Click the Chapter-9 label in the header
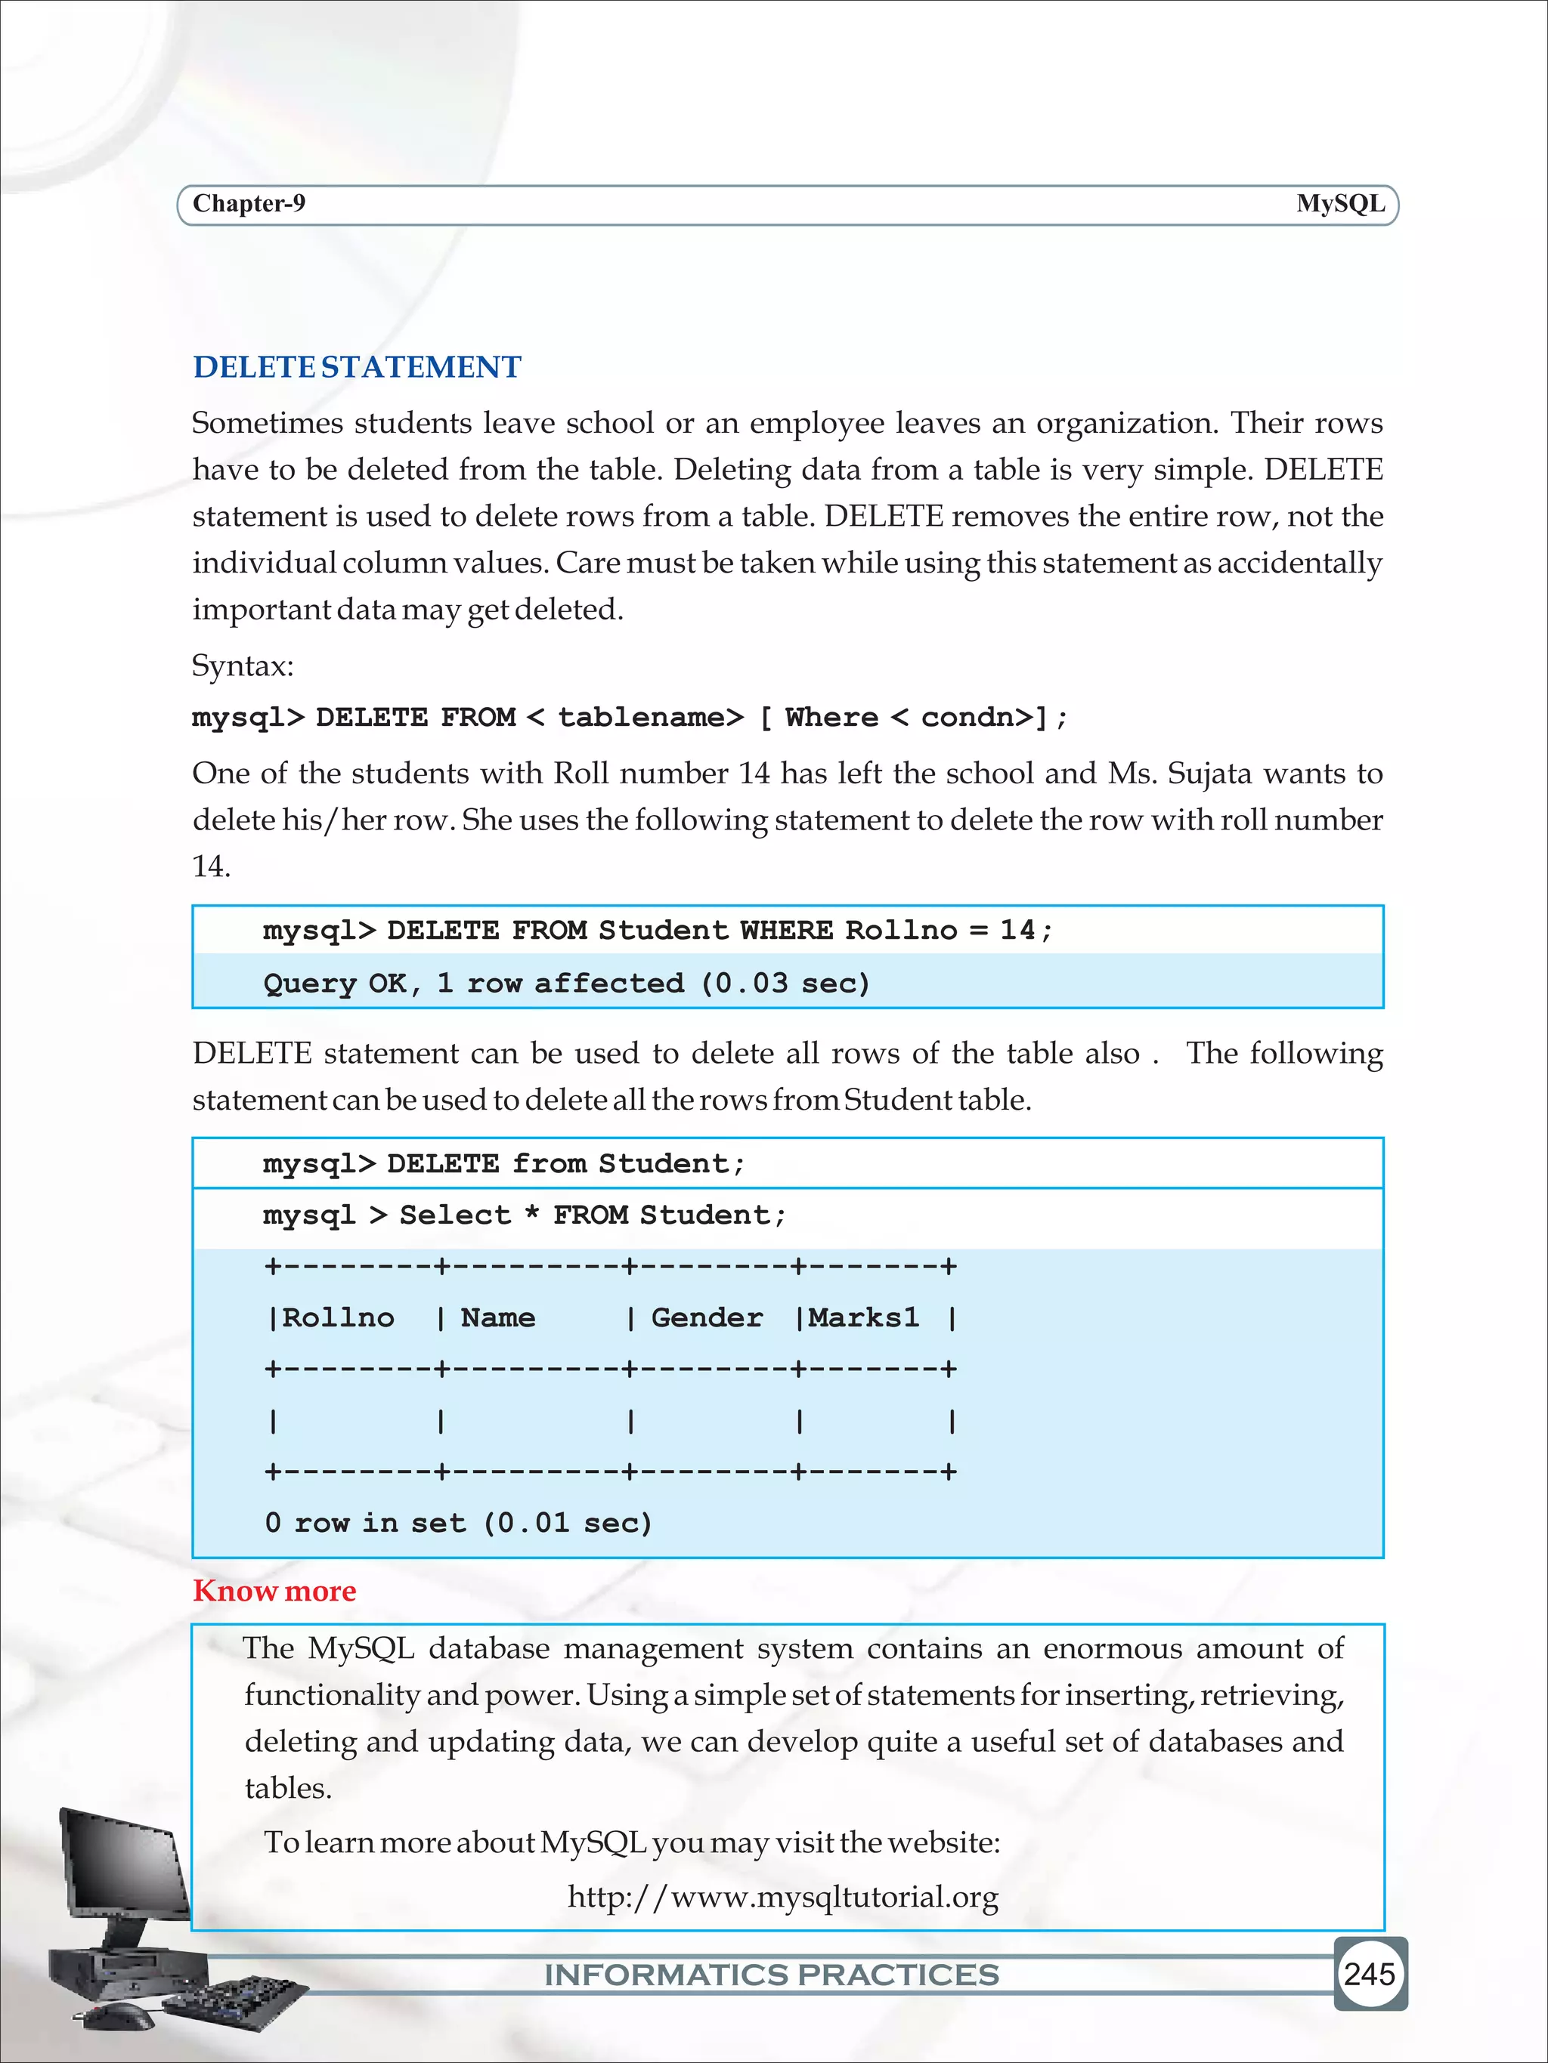[x=248, y=204]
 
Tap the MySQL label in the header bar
[x=1340, y=204]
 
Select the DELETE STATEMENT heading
[x=357, y=366]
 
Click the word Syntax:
[x=243, y=666]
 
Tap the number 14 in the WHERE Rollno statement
[x=1017, y=930]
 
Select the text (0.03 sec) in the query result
[x=785, y=983]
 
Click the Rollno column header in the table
[x=338, y=1318]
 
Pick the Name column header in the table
[x=497, y=1318]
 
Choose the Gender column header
[x=707, y=1318]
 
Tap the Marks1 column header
[x=863, y=1318]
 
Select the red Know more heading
[x=274, y=1591]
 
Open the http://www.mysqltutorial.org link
[x=783, y=1896]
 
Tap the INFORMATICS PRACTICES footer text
[x=772, y=1975]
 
